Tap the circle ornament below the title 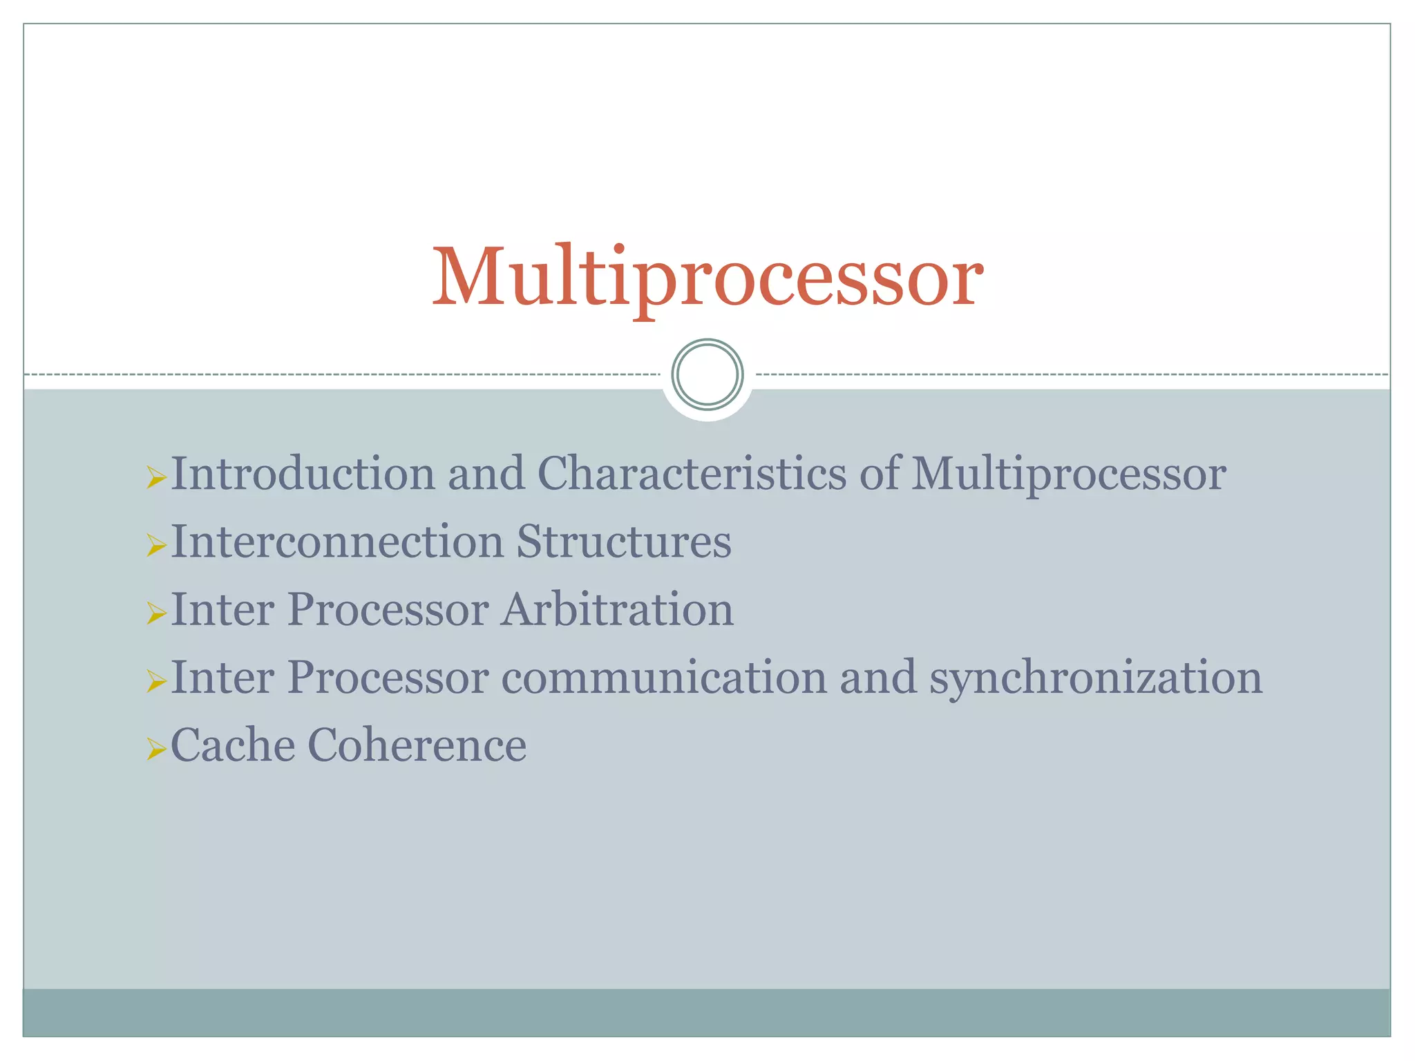(x=707, y=374)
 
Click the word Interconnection (x=337, y=542)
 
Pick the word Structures (x=624, y=542)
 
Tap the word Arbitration (x=617, y=609)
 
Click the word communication (x=664, y=678)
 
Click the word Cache (x=232, y=745)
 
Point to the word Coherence (x=417, y=745)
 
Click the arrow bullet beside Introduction (x=156, y=477)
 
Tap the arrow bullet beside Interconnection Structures (x=156, y=545)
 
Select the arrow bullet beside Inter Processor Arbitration (x=156, y=613)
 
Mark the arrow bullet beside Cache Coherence (x=156, y=749)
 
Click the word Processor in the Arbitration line (x=388, y=609)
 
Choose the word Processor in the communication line (x=388, y=678)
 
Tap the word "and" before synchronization (x=877, y=678)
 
